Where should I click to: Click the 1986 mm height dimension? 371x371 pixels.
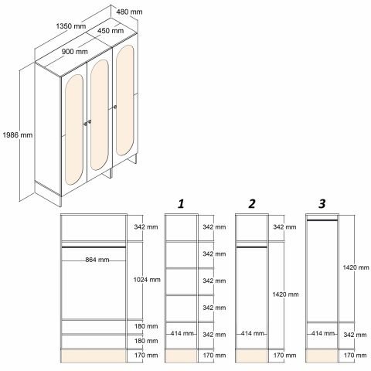click(x=18, y=135)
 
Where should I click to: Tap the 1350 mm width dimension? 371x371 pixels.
click(x=71, y=26)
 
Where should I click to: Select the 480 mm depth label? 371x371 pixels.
click(x=129, y=12)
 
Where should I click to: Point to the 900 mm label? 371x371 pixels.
click(x=75, y=52)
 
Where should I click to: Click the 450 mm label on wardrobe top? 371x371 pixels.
click(x=111, y=31)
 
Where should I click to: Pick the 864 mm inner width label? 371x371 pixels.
click(x=97, y=260)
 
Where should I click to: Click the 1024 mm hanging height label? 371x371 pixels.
click(x=147, y=280)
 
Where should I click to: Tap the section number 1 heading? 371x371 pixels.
click(x=181, y=204)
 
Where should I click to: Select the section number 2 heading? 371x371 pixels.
click(x=252, y=204)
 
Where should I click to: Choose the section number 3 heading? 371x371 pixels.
click(x=322, y=204)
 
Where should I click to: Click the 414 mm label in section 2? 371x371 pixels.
click(x=252, y=333)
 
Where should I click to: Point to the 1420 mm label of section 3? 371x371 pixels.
click(x=356, y=267)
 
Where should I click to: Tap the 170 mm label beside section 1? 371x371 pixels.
click(x=214, y=356)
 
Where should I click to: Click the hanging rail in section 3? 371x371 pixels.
click(x=322, y=220)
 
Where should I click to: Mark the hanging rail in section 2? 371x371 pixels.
click(x=252, y=247)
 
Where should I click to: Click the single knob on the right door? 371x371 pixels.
click(x=115, y=107)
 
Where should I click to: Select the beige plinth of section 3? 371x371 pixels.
click(x=322, y=356)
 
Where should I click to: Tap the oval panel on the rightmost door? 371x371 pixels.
click(x=125, y=100)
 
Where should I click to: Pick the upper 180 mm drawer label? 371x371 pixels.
click(x=146, y=326)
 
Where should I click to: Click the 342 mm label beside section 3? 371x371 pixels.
click(x=355, y=335)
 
